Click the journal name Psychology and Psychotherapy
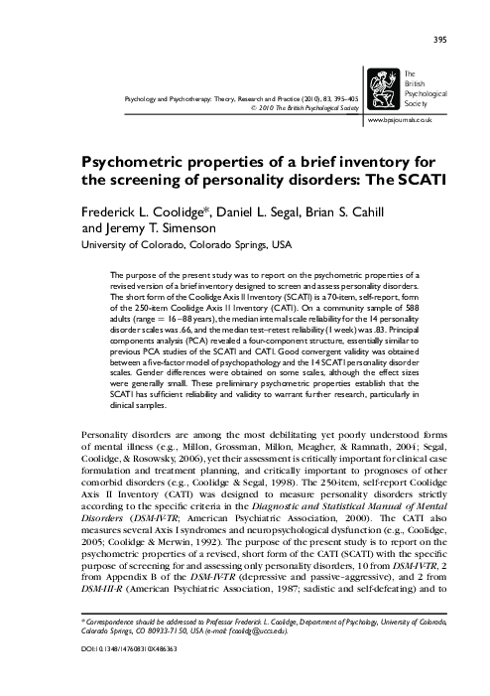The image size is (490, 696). (173, 101)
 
